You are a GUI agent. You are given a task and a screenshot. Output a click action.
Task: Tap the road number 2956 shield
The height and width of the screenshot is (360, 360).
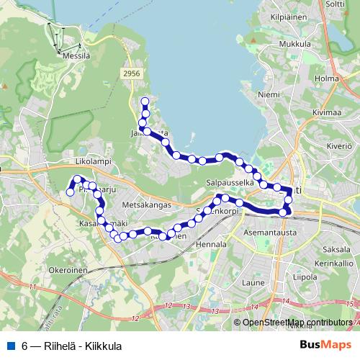[131, 73]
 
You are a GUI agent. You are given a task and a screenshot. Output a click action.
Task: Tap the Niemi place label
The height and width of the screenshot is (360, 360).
[268, 93]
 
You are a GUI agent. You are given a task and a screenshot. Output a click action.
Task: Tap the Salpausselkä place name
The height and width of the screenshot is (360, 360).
[229, 183]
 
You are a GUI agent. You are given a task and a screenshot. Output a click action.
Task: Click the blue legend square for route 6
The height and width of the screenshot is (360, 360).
[11, 345]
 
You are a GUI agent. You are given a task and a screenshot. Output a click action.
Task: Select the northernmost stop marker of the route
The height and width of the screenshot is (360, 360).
[145, 102]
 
